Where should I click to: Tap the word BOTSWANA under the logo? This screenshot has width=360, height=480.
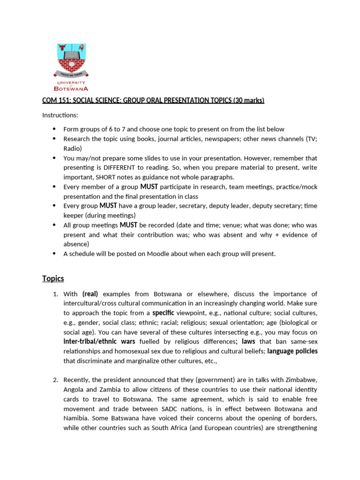pyautogui.click(x=71, y=88)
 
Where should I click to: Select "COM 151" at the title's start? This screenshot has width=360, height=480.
pyautogui.click(x=53, y=100)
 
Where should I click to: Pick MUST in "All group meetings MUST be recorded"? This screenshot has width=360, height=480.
pyautogui.click(x=129, y=225)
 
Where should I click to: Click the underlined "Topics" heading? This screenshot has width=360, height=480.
pyautogui.click(x=53, y=278)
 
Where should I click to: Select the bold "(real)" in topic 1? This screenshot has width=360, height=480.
pyautogui.click(x=90, y=294)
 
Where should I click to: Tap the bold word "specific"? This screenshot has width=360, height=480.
pyautogui.click(x=163, y=313)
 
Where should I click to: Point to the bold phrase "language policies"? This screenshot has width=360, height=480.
pyautogui.click(x=292, y=351)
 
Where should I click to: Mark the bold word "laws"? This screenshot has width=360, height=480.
pyautogui.click(x=248, y=341)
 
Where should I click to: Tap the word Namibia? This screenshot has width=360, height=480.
pyautogui.click(x=77, y=418)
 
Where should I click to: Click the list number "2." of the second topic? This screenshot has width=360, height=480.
pyautogui.click(x=55, y=380)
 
